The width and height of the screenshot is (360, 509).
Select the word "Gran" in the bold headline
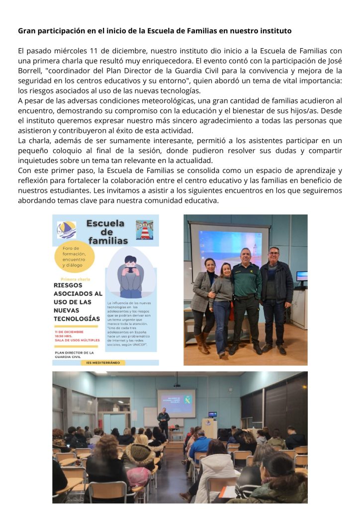coord(28,31)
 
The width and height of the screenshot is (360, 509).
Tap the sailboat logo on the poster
coord(66,230)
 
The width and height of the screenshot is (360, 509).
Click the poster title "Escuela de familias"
coord(105,232)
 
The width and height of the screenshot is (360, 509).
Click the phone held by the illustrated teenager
coord(131,270)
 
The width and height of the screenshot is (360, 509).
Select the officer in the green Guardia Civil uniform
coord(245,297)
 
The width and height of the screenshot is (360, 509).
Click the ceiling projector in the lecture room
coord(177,385)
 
